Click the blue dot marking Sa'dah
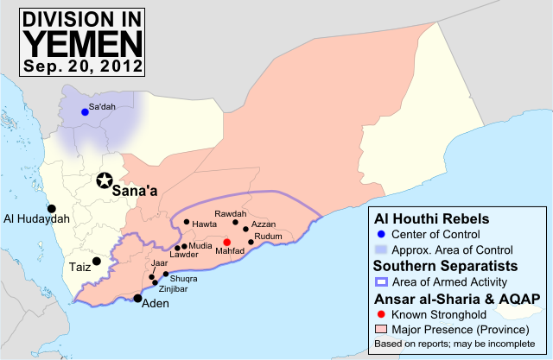[85, 112]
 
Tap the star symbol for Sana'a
[105, 180]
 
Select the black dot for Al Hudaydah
[52, 208]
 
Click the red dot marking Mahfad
[227, 243]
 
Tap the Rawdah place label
[230, 214]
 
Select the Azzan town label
[264, 224]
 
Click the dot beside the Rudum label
[251, 243]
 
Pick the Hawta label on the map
[205, 224]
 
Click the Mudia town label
[200, 245]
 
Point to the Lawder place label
[184, 255]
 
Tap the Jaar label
[159, 262]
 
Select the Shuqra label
[184, 279]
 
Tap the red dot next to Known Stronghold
[381, 314]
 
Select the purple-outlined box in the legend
[381, 281]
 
